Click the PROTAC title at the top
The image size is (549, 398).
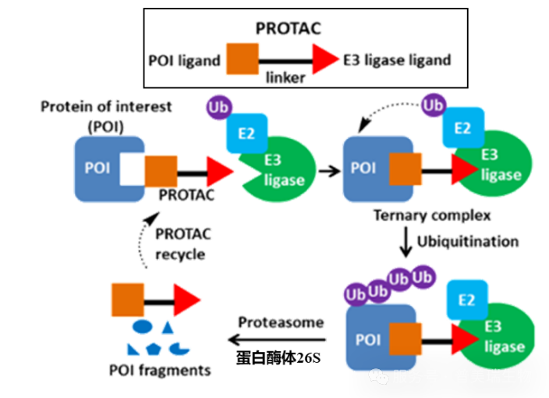pyautogui.click(x=289, y=30)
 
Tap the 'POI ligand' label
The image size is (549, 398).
pyautogui.click(x=183, y=60)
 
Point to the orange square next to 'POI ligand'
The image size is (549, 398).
pyautogui.click(x=242, y=60)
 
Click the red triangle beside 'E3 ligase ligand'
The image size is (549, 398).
pyautogui.click(x=324, y=60)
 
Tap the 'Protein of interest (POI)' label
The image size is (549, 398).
pyautogui.click(x=106, y=115)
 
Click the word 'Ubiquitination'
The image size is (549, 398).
pyautogui.click(x=468, y=241)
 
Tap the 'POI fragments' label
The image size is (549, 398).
pyautogui.click(x=161, y=370)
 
